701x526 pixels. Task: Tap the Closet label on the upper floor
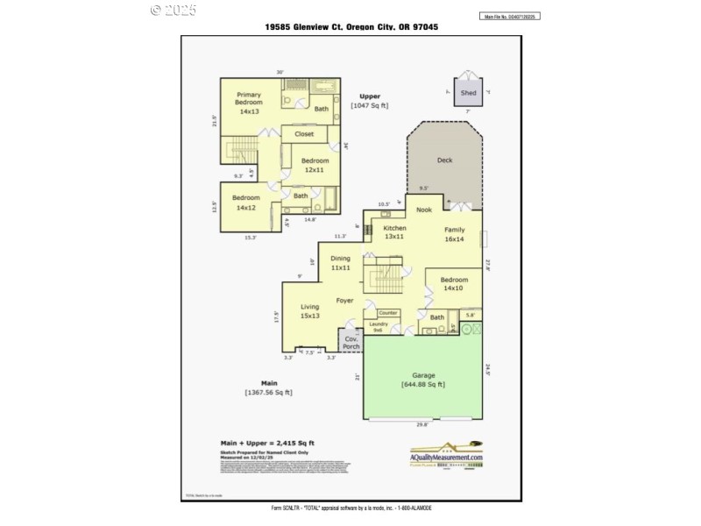pyautogui.click(x=304, y=134)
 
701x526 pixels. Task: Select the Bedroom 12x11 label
pyautogui.click(x=315, y=165)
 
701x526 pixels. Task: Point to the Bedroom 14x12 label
pyautogui.click(x=246, y=203)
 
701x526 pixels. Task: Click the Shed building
pyautogui.click(x=469, y=92)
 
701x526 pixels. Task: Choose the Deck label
pyautogui.click(x=444, y=160)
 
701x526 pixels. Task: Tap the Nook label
pyautogui.click(x=424, y=210)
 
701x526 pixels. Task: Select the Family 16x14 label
pyautogui.click(x=454, y=233)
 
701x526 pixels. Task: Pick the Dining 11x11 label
pyautogui.click(x=340, y=263)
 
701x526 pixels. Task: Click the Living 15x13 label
pyautogui.click(x=310, y=311)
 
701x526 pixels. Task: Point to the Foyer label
pyautogui.click(x=345, y=301)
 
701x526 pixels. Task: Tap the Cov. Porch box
pyautogui.click(x=351, y=342)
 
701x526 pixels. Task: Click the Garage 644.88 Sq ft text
pyautogui.click(x=423, y=380)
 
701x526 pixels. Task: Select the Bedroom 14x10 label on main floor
pyautogui.click(x=454, y=284)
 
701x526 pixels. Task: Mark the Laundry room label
pyautogui.click(x=379, y=326)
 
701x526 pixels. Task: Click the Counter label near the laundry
pyautogui.click(x=387, y=313)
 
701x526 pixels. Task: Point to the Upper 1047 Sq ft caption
pyautogui.click(x=369, y=101)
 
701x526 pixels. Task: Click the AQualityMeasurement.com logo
pyautogui.click(x=446, y=453)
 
